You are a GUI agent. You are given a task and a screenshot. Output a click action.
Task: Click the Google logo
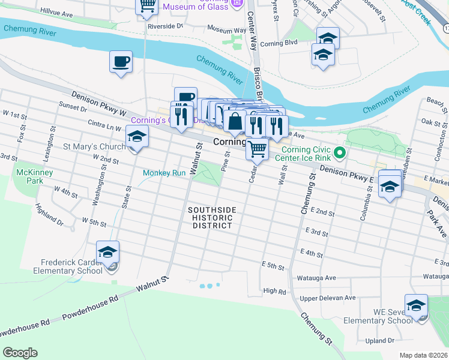[20, 353]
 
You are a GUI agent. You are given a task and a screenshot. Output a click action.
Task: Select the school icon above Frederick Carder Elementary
[108, 252]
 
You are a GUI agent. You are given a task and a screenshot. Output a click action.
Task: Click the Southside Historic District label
[212, 218]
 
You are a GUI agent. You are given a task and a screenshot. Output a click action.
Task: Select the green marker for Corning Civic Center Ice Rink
[339, 152]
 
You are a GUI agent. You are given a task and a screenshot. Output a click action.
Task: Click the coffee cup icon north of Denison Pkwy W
[121, 61]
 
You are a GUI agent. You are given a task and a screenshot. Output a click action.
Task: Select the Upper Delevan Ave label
[328, 297]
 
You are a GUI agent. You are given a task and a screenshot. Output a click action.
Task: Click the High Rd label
[274, 291]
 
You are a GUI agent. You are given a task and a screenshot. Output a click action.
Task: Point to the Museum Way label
[227, 28]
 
